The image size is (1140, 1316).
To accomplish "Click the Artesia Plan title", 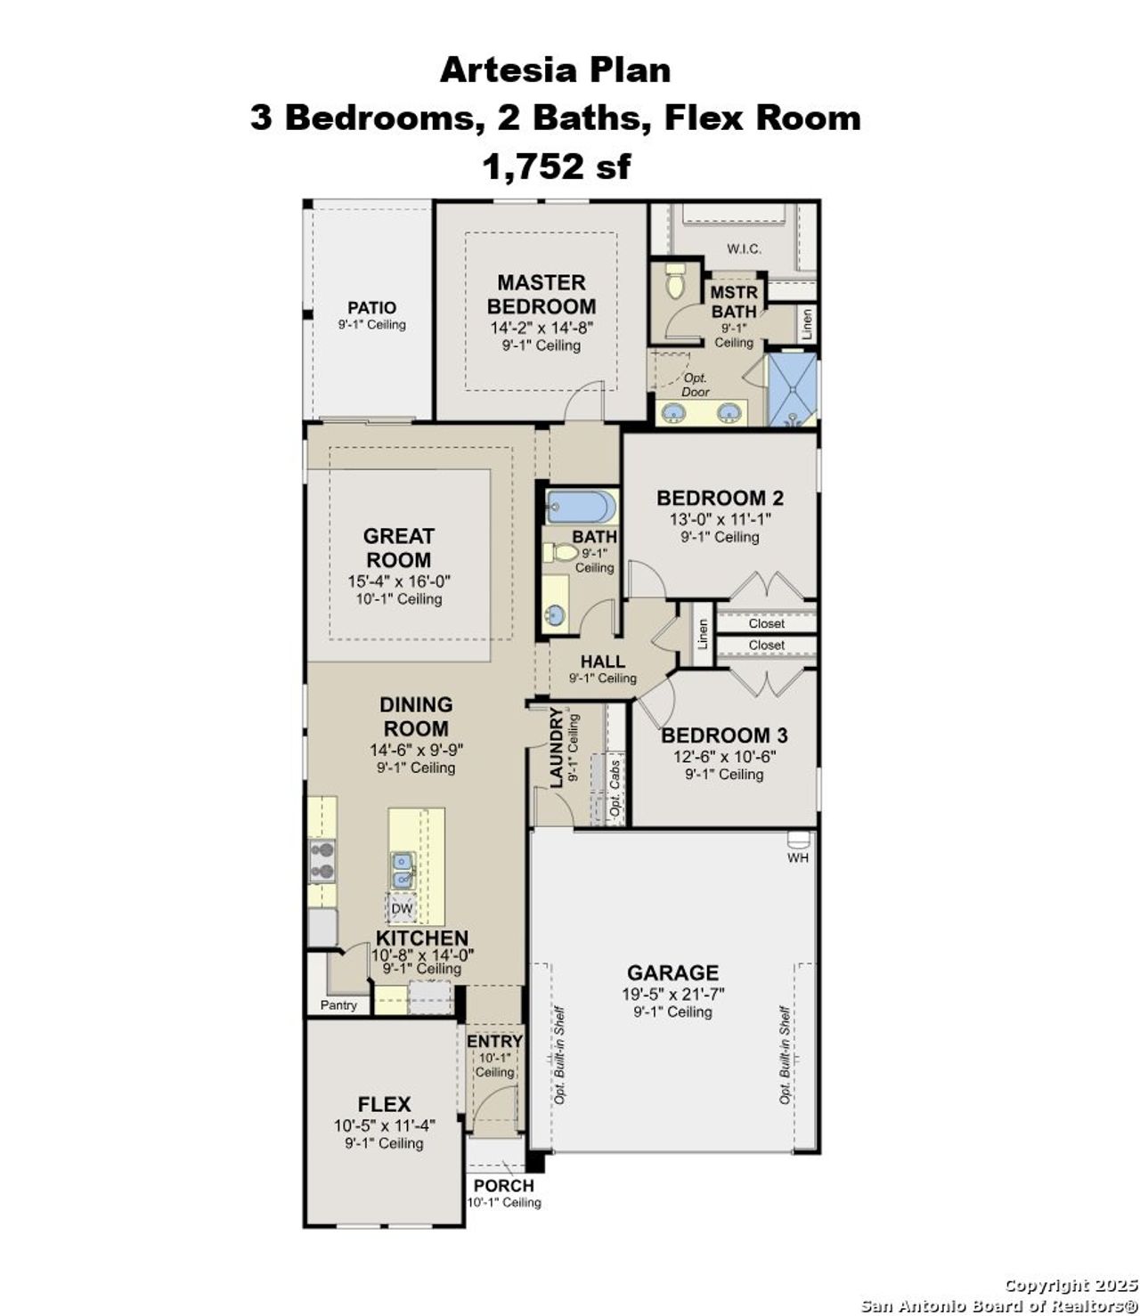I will point(555,69).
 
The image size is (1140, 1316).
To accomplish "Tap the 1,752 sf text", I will point(556,166).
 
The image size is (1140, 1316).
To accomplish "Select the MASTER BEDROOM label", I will point(541,294).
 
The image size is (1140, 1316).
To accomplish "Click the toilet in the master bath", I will point(674,282).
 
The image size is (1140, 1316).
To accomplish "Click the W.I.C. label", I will point(744,248).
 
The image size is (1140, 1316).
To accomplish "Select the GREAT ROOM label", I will point(398,548).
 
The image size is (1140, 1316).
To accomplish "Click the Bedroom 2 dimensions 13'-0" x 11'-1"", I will point(720,519).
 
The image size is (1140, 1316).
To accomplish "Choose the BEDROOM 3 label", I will point(723,735).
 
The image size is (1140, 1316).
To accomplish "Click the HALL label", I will point(603,662).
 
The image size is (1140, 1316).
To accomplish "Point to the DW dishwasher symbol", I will point(403,909).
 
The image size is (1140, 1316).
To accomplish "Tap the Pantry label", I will point(338,1005).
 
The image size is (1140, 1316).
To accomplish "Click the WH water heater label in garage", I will point(797,857).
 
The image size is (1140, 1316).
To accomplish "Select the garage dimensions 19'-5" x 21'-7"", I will point(672,994).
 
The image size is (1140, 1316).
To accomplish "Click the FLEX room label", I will point(384,1104).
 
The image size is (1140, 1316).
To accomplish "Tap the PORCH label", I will point(503,1186).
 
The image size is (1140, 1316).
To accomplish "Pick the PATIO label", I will point(371,307).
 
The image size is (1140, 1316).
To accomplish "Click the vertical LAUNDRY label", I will point(557,748).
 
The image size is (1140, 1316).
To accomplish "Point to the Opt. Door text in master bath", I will point(695,385).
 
